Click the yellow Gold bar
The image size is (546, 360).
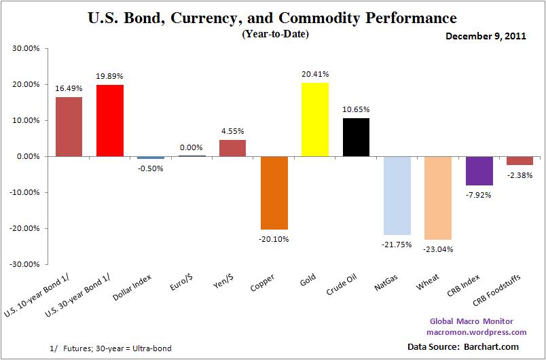[x=314, y=120]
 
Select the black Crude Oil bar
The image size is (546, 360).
[x=356, y=137]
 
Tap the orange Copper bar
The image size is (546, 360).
[x=274, y=192]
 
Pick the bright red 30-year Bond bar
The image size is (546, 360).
[x=109, y=121]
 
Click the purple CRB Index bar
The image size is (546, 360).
[x=479, y=170]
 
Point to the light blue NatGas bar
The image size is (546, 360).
[x=397, y=195]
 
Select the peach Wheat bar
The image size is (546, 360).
[x=438, y=198]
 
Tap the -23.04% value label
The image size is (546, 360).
[x=438, y=249]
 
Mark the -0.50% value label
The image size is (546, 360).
[x=151, y=168]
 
